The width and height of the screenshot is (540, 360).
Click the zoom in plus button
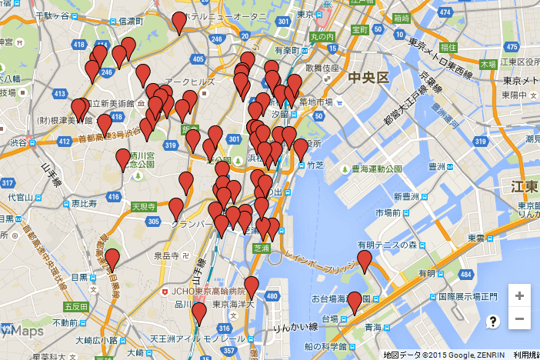pyautogui.click(x=519, y=295)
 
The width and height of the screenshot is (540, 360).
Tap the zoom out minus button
pyautogui.click(x=519, y=318)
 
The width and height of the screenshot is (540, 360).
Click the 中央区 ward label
pyautogui.click(x=370, y=78)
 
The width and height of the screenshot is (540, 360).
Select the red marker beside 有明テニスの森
pyautogui.click(x=365, y=261)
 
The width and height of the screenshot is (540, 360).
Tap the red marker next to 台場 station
pyautogui.click(x=354, y=302)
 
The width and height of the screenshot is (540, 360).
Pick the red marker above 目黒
pyautogui.click(x=112, y=260)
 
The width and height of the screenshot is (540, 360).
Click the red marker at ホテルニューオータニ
pyautogui.click(x=179, y=22)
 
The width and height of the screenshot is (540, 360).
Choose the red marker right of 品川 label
pyautogui.click(x=199, y=313)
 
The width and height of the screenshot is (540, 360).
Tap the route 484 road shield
pyautogui.click(x=465, y=274)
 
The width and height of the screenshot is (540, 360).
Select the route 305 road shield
pyautogui.click(x=153, y=222)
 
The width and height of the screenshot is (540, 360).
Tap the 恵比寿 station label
pyautogui.click(x=83, y=204)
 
